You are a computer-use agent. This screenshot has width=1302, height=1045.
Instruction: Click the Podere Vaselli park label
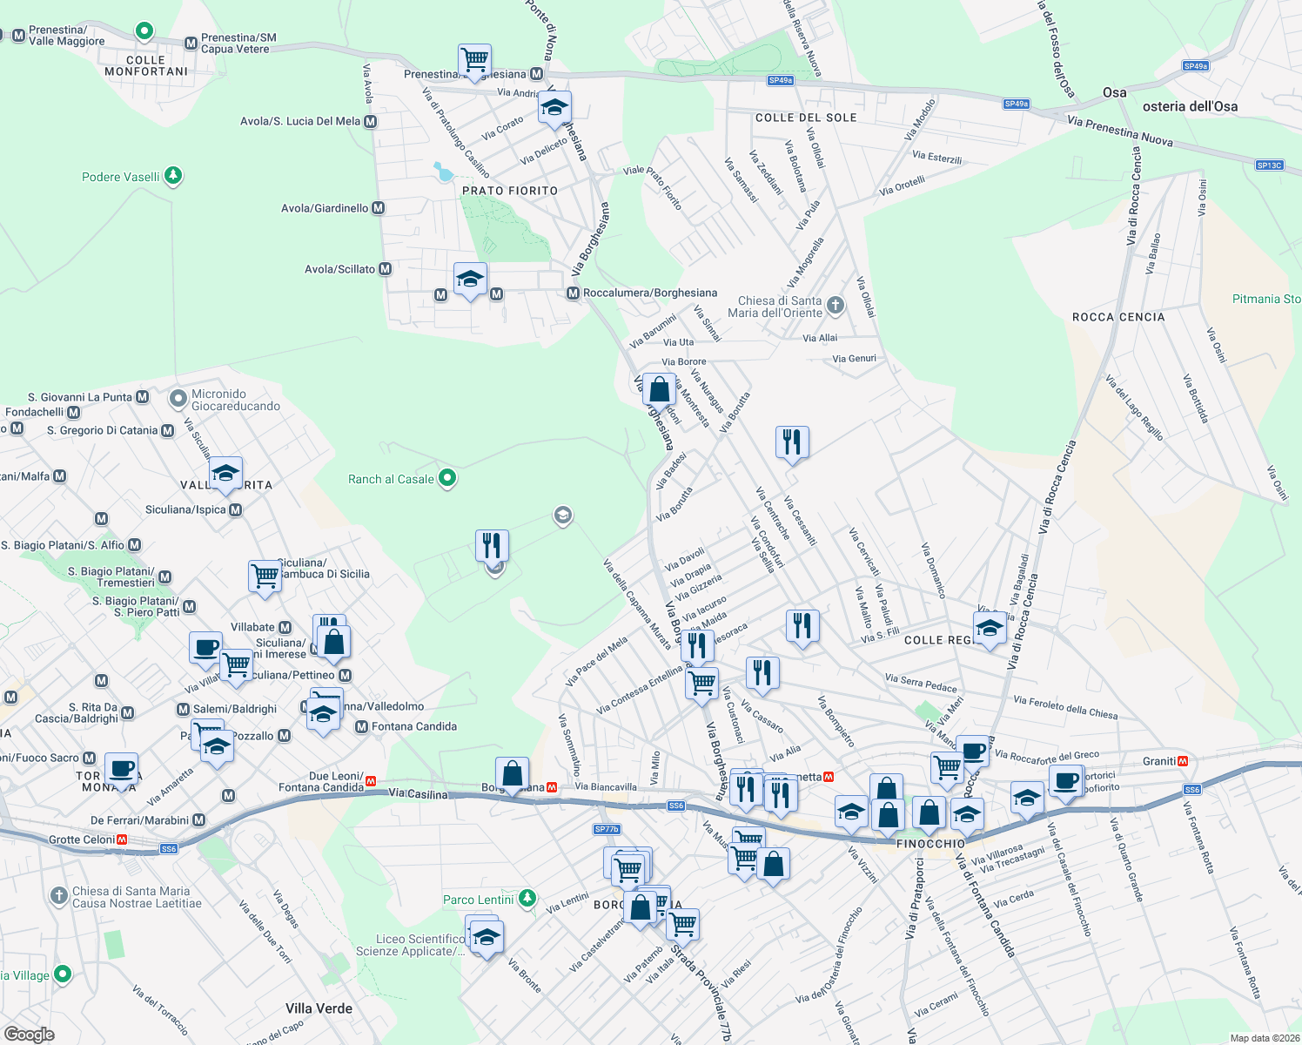[x=121, y=177]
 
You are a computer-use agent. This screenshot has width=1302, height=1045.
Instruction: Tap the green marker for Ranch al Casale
[x=447, y=478]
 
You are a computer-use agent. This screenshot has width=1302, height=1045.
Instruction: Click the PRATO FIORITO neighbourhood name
[x=510, y=191]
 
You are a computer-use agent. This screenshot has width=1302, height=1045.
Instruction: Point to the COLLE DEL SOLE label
[x=806, y=118]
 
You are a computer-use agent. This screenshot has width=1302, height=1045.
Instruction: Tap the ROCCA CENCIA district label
[x=1118, y=317]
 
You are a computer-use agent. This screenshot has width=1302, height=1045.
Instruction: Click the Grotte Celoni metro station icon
[x=122, y=839]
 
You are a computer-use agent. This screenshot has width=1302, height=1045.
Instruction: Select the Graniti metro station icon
[x=1182, y=761]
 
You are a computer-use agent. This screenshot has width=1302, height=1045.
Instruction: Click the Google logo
[x=30, y=1035]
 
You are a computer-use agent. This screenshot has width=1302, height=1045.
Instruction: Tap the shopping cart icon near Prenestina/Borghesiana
[x=474, y=61]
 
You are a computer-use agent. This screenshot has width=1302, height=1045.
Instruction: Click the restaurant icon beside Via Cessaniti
[x=792, y=442]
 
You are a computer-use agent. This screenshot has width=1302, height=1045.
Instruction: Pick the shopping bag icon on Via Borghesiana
[x=660, y=389]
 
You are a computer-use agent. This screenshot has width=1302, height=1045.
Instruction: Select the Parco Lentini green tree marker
[x=527, y=898]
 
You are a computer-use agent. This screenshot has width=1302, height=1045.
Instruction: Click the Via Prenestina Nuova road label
[x=1120, y=131]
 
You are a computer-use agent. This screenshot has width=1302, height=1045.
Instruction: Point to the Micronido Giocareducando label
[x=236, y=400]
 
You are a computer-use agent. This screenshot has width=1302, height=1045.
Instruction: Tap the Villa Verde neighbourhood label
[x=319, y=1008]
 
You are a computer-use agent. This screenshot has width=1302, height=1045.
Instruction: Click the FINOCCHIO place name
[x=930, y=844]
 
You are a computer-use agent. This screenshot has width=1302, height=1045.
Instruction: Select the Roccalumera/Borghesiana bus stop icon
[x=573, y=293]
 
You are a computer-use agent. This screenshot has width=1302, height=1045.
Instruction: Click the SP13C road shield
[x=1270, y=165]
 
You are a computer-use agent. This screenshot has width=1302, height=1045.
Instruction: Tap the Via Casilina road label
[x=418, y=793]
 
